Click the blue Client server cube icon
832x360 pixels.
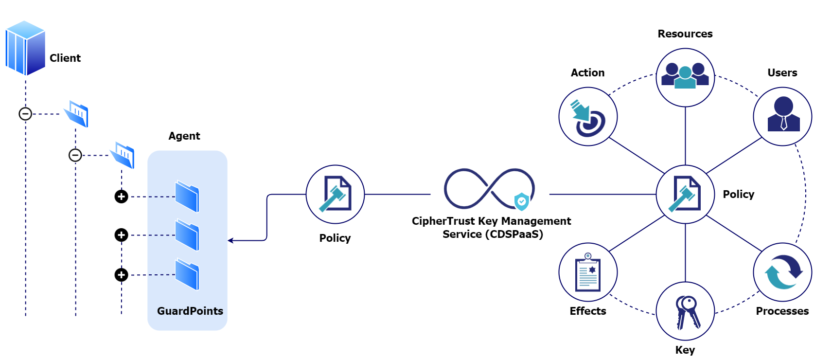click(x=25, y=48)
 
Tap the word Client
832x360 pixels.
click(x=65, y=58)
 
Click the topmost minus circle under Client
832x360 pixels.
click(x=25, y=114)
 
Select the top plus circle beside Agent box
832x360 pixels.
click(x=121, y=197)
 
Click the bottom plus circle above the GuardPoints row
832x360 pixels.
click(x=121, y=275)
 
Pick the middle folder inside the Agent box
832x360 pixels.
click(x=187, y=235)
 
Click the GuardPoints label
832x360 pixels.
click(x=190, y=311)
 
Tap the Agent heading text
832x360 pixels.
click(x=184, y=136)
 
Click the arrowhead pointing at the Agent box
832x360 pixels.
click(x=230, y=240)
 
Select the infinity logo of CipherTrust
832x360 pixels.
click(x=488, y=189)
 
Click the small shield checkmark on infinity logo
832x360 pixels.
click(x=521, y=201)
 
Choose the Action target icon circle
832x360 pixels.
click(x=588, y=117)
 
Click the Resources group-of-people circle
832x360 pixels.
click(x=685, y=77)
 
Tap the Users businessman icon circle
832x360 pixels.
click(x=782, y=117)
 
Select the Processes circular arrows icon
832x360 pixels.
click(x=782, y=272)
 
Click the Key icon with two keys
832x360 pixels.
click(x=685, y=311)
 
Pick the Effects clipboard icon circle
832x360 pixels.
click(x=588, y=272)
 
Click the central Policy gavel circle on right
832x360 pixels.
click(x=685, y=194)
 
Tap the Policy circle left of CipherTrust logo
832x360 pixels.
click(x=335, y=194)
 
